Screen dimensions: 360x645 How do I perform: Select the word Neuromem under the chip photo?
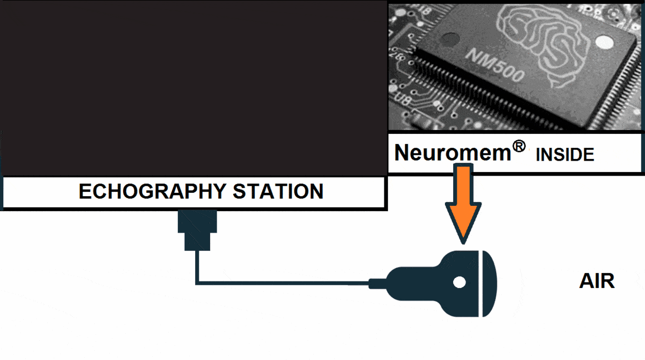pos(452,153)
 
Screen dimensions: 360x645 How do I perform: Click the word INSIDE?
pos(565,155)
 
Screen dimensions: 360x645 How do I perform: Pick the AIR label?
pos(597,282)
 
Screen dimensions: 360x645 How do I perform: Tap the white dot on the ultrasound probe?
pos(459,283)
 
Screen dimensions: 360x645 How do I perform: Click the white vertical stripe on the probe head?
pos(478,283)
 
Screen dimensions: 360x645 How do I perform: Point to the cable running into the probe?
pos(279,282)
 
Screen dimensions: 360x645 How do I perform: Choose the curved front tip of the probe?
pos(491,283)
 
